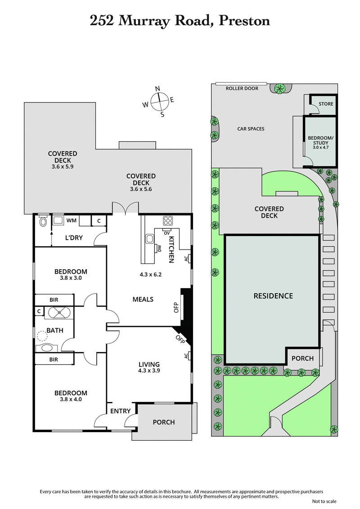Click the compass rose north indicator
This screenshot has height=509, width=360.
(x=158, y=89)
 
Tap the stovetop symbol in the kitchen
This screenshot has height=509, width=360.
(x=168, y=221)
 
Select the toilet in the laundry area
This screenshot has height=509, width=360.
(x=44, y=221)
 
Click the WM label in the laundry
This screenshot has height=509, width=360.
(x=71, y=221)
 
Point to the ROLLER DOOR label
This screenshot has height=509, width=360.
(x=242, y=89)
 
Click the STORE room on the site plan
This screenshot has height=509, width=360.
(x=326, y=104)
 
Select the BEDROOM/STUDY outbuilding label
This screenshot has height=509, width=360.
(x=320, y=141)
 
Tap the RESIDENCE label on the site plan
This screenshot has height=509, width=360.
(x=273, y=296)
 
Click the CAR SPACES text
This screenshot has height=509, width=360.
(x=251, y=129)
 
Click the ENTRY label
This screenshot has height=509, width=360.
(x=120, y=411)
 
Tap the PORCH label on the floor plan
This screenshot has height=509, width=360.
(x=164, y=422)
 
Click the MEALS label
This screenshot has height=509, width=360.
(x=143, y=299)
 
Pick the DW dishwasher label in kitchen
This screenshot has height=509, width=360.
(x=160, y=248)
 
